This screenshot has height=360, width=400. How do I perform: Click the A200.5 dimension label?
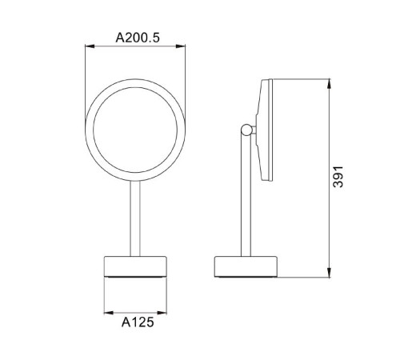pyautogui.click(x=138, y=38)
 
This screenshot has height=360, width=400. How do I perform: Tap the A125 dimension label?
pyautogui.click(x=138, y=322)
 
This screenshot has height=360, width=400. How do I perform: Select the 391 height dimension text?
pyautogui.click(x=338, y=177)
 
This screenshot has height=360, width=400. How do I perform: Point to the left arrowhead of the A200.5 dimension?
pyautogui.click(x=90, y=46)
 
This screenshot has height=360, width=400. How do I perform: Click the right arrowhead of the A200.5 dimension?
pyautogui.click(x=181, y=46)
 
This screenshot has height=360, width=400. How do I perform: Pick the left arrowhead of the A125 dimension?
pyautogui.click(x=109, y=313)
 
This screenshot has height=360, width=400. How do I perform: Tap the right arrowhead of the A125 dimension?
pyautogui.click(x=162, y=313)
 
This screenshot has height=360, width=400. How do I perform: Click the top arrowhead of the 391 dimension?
pyautogui.click(x=330, y=84)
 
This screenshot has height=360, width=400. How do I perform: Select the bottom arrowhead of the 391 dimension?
pyautogui.click(x=330, y=273)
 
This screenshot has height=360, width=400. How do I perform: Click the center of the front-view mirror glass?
pyautogui.click(x=135, y=130)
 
